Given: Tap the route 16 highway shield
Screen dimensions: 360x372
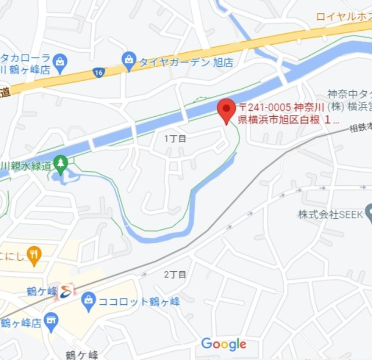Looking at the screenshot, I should point(98,72).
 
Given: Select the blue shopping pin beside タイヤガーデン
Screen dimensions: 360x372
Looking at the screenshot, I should point(128,59).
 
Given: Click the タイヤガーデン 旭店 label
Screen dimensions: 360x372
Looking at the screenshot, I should point(185,62).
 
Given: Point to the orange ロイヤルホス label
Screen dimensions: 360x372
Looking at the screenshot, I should point(344,16).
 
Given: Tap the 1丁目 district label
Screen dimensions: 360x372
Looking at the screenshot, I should point(175,138).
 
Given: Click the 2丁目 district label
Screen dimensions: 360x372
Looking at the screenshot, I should point(175,274).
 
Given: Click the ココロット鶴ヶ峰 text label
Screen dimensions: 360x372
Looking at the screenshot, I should point(139,302).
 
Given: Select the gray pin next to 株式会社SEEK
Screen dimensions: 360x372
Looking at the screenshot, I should point(368,213).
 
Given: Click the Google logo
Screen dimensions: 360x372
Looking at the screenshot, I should point(223,344).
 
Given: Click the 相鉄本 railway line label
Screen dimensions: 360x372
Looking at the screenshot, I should point(360,129).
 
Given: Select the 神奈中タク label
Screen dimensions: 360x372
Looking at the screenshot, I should point(349,93).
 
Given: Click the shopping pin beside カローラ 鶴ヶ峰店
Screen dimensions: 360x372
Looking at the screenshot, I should point(60,60).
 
